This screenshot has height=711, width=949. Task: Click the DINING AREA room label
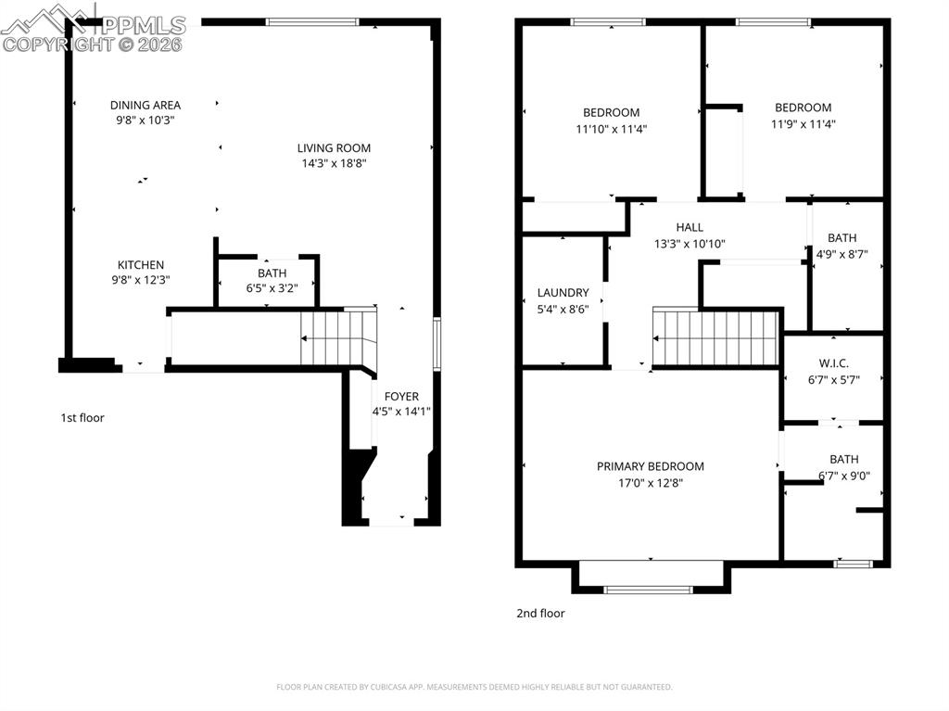(x=145, y=105)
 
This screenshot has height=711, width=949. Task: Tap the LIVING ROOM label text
(x=334, y=147)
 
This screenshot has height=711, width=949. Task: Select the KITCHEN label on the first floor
(x=141, y=264)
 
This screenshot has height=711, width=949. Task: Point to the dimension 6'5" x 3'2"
(x=272, y=288)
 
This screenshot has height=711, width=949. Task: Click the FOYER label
(x=401, y=396)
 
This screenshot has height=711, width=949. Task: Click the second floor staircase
(x=715, y=338)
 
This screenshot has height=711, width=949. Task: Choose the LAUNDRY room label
(x=563, y=292)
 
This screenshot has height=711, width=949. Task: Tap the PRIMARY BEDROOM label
(x=650, y=466)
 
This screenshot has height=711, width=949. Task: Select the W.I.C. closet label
(x=833, y=362)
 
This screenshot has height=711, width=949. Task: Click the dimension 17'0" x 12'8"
(x=650, y=483)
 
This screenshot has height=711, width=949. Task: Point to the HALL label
(x=689, y=227)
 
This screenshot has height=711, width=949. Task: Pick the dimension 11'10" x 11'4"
(x=611, y=130)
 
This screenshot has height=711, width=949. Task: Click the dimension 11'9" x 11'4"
(x=803, y=123)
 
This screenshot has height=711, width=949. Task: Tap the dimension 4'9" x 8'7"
(x=841, y=253)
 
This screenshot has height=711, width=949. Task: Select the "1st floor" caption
(x=82, y=418)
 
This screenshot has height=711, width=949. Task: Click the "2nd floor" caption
(x=540, y=613)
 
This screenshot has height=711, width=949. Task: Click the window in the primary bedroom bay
(x=648, y=589)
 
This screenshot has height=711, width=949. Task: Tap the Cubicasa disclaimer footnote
(x=474, y=687)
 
